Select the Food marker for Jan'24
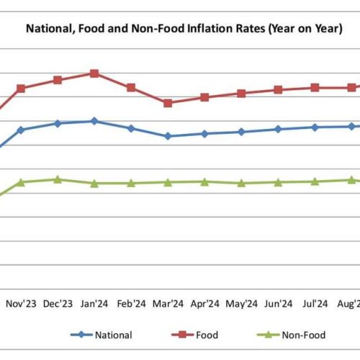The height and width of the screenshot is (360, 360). click(94, 73)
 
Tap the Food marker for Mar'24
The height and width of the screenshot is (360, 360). click(168, 103)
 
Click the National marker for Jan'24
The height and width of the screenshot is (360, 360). click(94, 121)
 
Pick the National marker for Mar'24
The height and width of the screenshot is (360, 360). click(168, 136)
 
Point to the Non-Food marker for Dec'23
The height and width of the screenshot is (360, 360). click(58, 179)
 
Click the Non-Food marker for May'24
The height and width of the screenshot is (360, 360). click(241, 184)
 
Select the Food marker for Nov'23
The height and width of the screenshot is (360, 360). click(21, 89)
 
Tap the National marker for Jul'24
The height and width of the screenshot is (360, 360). click(315, 127)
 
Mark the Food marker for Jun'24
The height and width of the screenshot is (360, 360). click(278, 90)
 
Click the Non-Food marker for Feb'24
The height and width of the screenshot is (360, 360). click(131, 184)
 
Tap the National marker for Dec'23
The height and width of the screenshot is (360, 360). click(58, 123)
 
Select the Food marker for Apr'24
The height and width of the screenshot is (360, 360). click(204, 97)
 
